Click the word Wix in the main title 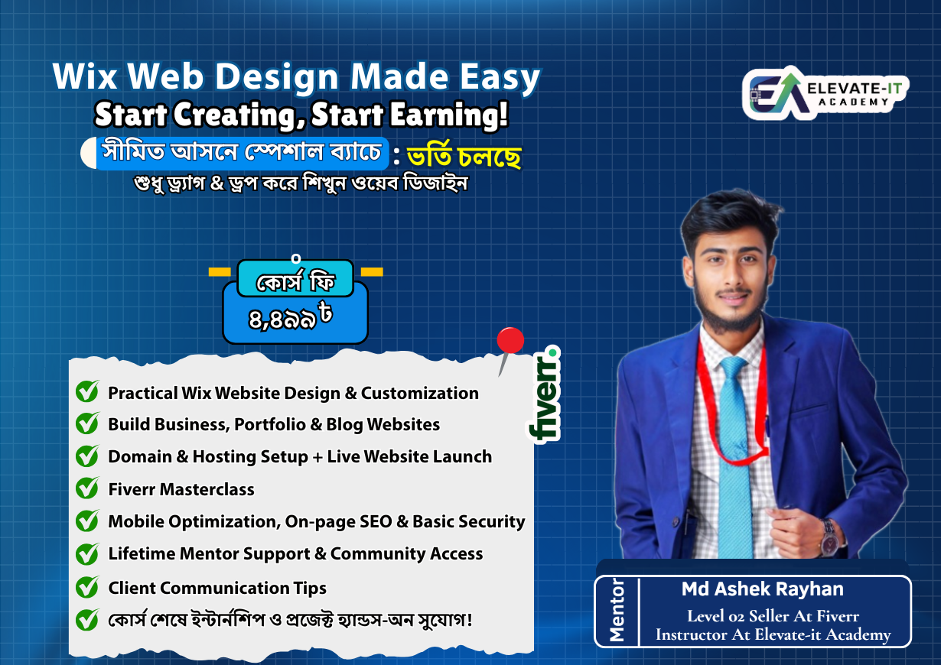[85, 76]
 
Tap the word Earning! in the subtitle [449, 114]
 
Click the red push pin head [510, 340]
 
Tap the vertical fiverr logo [544, 394]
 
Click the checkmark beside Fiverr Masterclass [87, 488]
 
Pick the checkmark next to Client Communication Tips [87, 587]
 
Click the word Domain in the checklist [140, 456]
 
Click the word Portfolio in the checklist [270, 424]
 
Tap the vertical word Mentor [617, 610]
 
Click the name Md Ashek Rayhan [763, 589]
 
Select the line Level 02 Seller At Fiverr [773, 616]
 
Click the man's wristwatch [830, 537]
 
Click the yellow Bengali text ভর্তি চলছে [464, 156]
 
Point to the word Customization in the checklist [420, 394]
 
